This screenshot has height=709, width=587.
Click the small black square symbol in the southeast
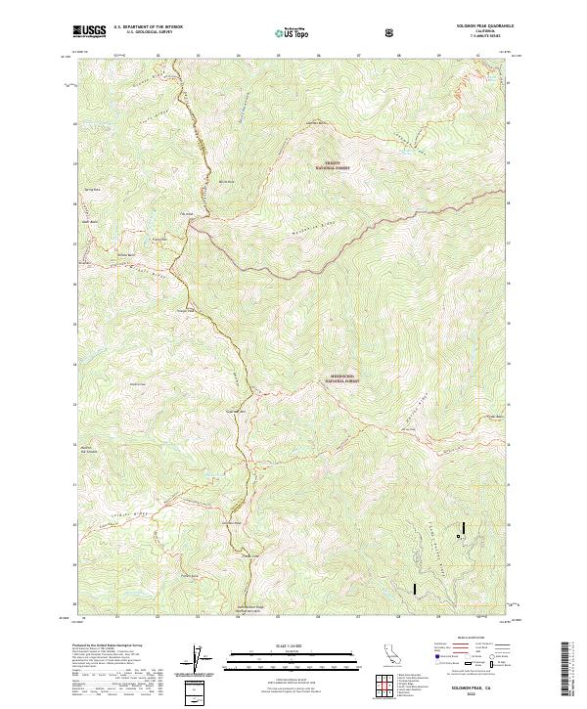point(458,536)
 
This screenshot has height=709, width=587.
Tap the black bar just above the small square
point(464,525)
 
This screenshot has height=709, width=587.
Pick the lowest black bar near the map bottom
point(415,590)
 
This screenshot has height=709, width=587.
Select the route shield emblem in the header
point(392,32)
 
